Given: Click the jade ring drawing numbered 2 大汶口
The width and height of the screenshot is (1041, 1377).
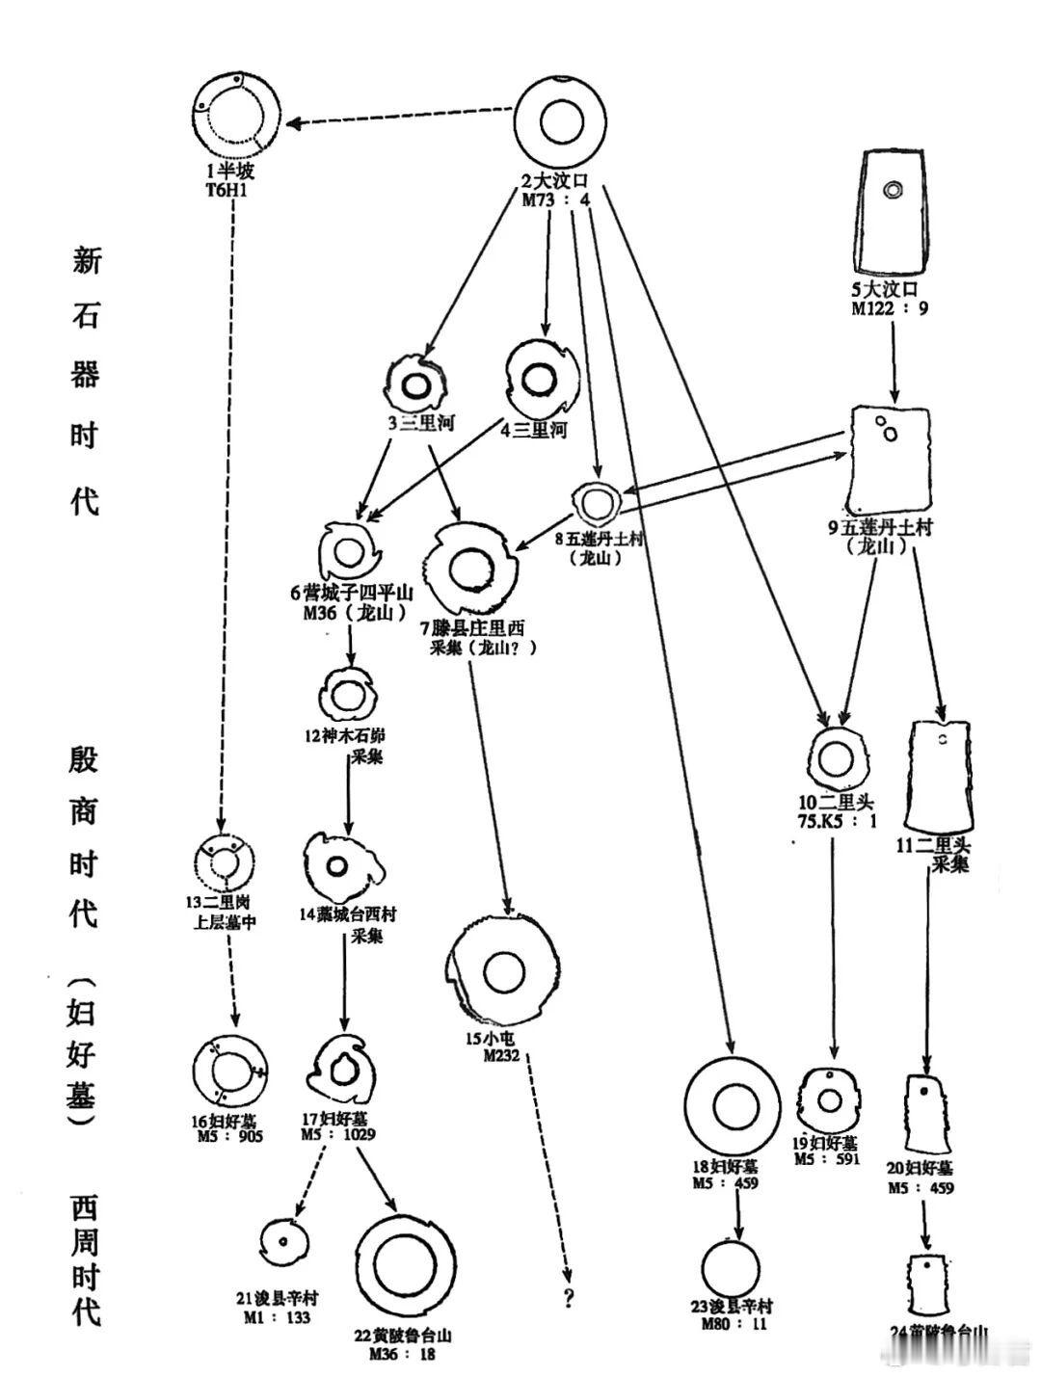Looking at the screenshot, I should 565,123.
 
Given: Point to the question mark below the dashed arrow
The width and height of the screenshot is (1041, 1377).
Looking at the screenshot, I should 570,1299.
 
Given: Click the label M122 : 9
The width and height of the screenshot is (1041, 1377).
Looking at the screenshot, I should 889,309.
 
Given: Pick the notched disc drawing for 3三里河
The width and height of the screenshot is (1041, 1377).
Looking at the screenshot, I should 417,383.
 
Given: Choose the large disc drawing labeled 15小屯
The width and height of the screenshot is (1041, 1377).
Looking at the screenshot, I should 502,973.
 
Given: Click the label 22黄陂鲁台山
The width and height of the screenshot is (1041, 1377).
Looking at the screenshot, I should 403,1336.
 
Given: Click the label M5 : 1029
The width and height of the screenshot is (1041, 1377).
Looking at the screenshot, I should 338,1134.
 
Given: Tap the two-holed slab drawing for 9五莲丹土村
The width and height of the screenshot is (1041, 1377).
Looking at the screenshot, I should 892,461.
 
